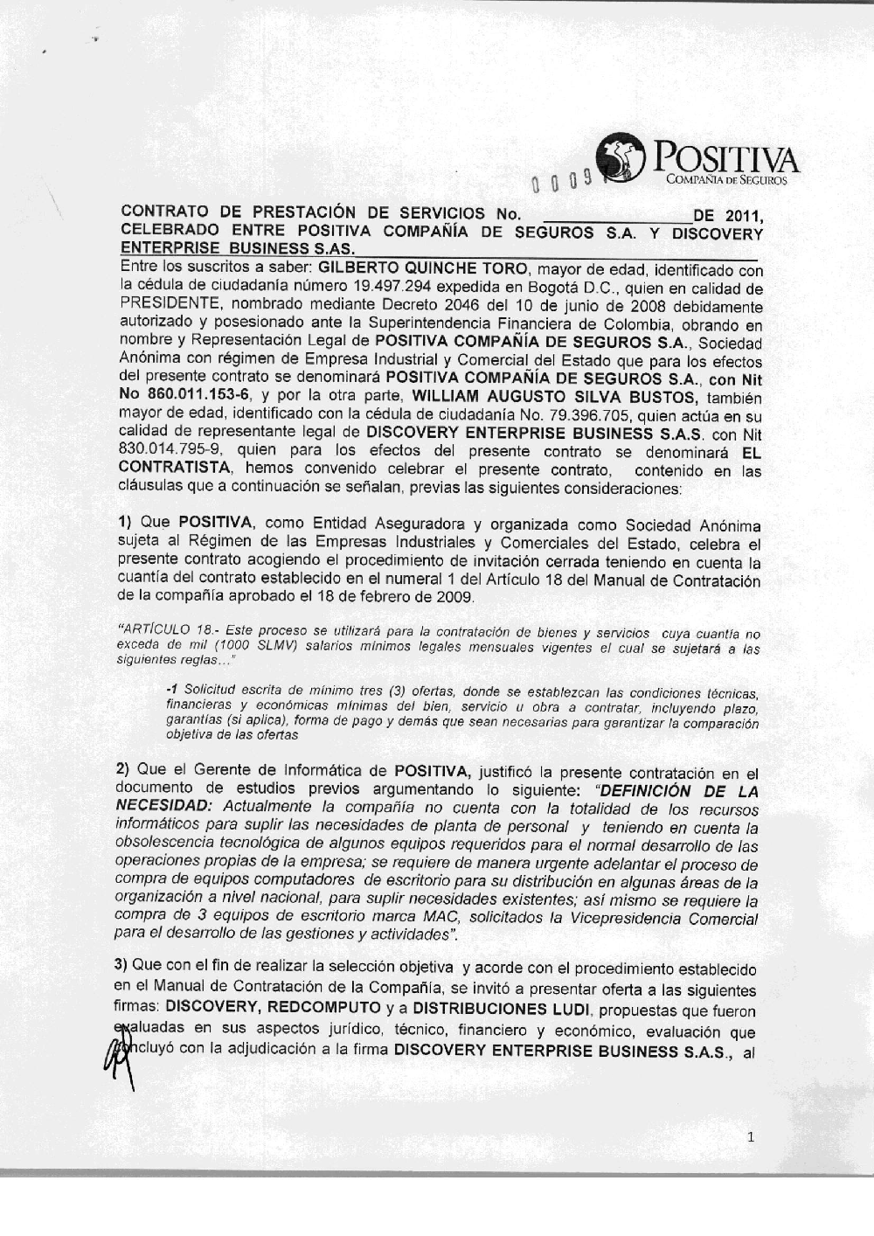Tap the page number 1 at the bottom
pos(751,1137)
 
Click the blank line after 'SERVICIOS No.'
pos(616,215)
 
